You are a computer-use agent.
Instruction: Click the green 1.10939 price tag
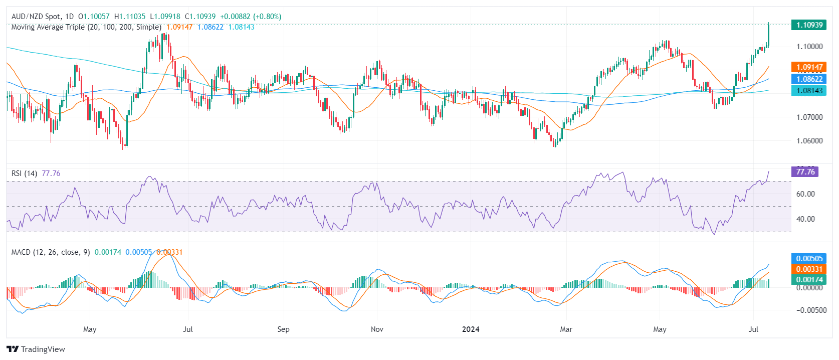pyautogui.click(x=809, y=25)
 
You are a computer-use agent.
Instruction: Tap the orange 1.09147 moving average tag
pyautogui.click(x=809, y=67)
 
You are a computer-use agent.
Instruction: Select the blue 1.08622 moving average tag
pyautogui.click(x=809, y=79)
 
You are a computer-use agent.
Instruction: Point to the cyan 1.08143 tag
pyautogui.click(x=809, y=90)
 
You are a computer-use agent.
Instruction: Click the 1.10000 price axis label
pyautogui.click(x=809, y=47)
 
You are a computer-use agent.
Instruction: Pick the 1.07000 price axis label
pyautogui.click(x=809, y=117)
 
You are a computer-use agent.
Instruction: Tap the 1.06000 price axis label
pyautogui.click(x=809, y=141)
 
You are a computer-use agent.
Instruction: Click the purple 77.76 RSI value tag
pyautogui.click(x=805, y=171)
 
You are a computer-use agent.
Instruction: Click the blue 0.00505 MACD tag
pyautogui.click(x=809, y=258)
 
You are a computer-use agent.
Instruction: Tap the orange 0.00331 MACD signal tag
pyautogui.click(x=809, y=269)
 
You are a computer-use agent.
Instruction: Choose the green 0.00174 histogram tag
pyautogui.click(x=809, y=279)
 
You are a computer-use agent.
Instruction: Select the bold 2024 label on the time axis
pyautogui.click(x=471, y=329)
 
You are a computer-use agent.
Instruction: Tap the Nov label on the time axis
pyautogui.click(x=377, y=329)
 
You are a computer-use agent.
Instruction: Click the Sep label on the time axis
pyautogui.click(x=283, y=329)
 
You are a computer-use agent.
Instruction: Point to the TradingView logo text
pyautogui.click(x=36, y=349)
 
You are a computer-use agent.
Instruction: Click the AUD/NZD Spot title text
pyautogui.click(x=36, y=17)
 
